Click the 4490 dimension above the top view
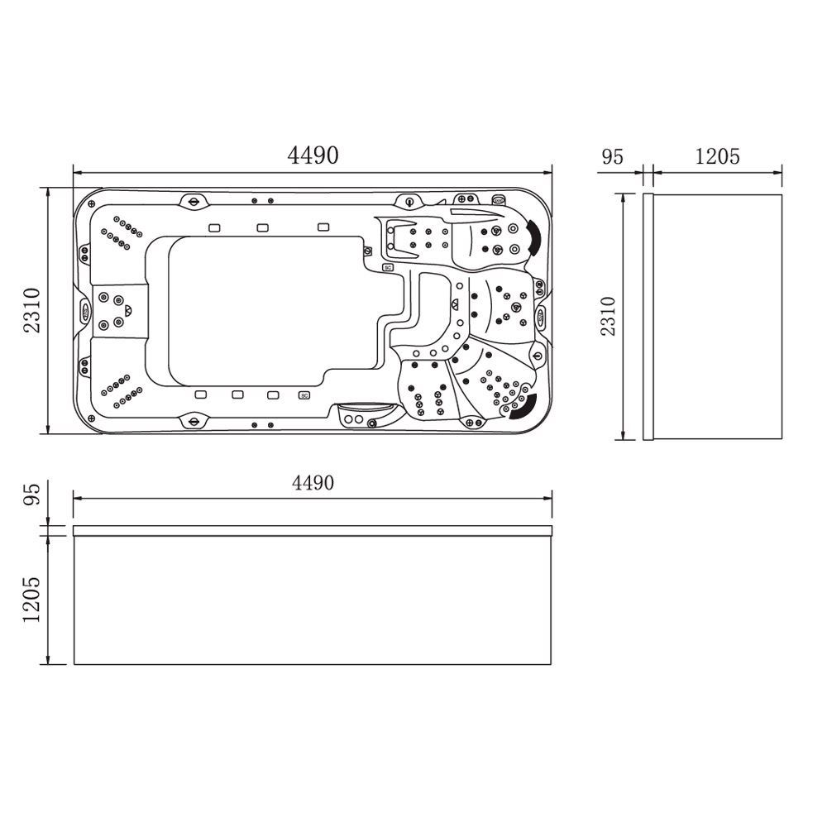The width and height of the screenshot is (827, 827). [313, 155]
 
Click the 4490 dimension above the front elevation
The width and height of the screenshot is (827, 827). [313, 482]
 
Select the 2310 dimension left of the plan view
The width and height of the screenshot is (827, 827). [31, 310]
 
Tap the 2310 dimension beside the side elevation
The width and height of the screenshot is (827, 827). [608, 315]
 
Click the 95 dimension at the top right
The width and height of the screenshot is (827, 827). [612, 156]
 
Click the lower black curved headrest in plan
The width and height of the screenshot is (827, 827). [524, 408]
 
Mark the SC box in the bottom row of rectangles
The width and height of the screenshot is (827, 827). [304, 395]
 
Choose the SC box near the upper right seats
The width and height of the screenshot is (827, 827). [387, 267]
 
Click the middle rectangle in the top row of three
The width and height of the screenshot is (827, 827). [262, 227]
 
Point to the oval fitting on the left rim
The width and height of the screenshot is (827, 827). [85, 311]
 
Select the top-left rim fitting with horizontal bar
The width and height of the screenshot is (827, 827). [194, 201]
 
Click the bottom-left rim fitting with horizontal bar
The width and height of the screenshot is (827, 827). [194, 421]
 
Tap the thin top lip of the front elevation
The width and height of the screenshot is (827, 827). [313, 529]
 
